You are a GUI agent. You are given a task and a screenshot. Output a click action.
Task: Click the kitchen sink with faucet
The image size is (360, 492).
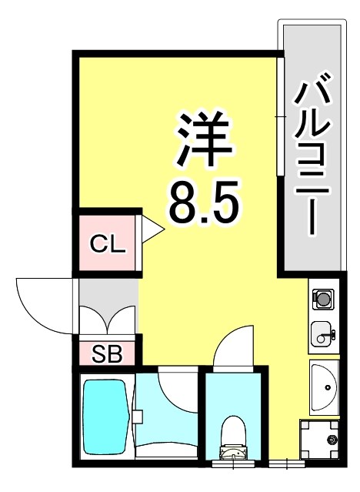pyautogui.click(x=323, y=334)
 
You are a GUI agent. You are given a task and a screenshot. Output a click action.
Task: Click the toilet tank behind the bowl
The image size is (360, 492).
pyautogui.click(x=231, y=454)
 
